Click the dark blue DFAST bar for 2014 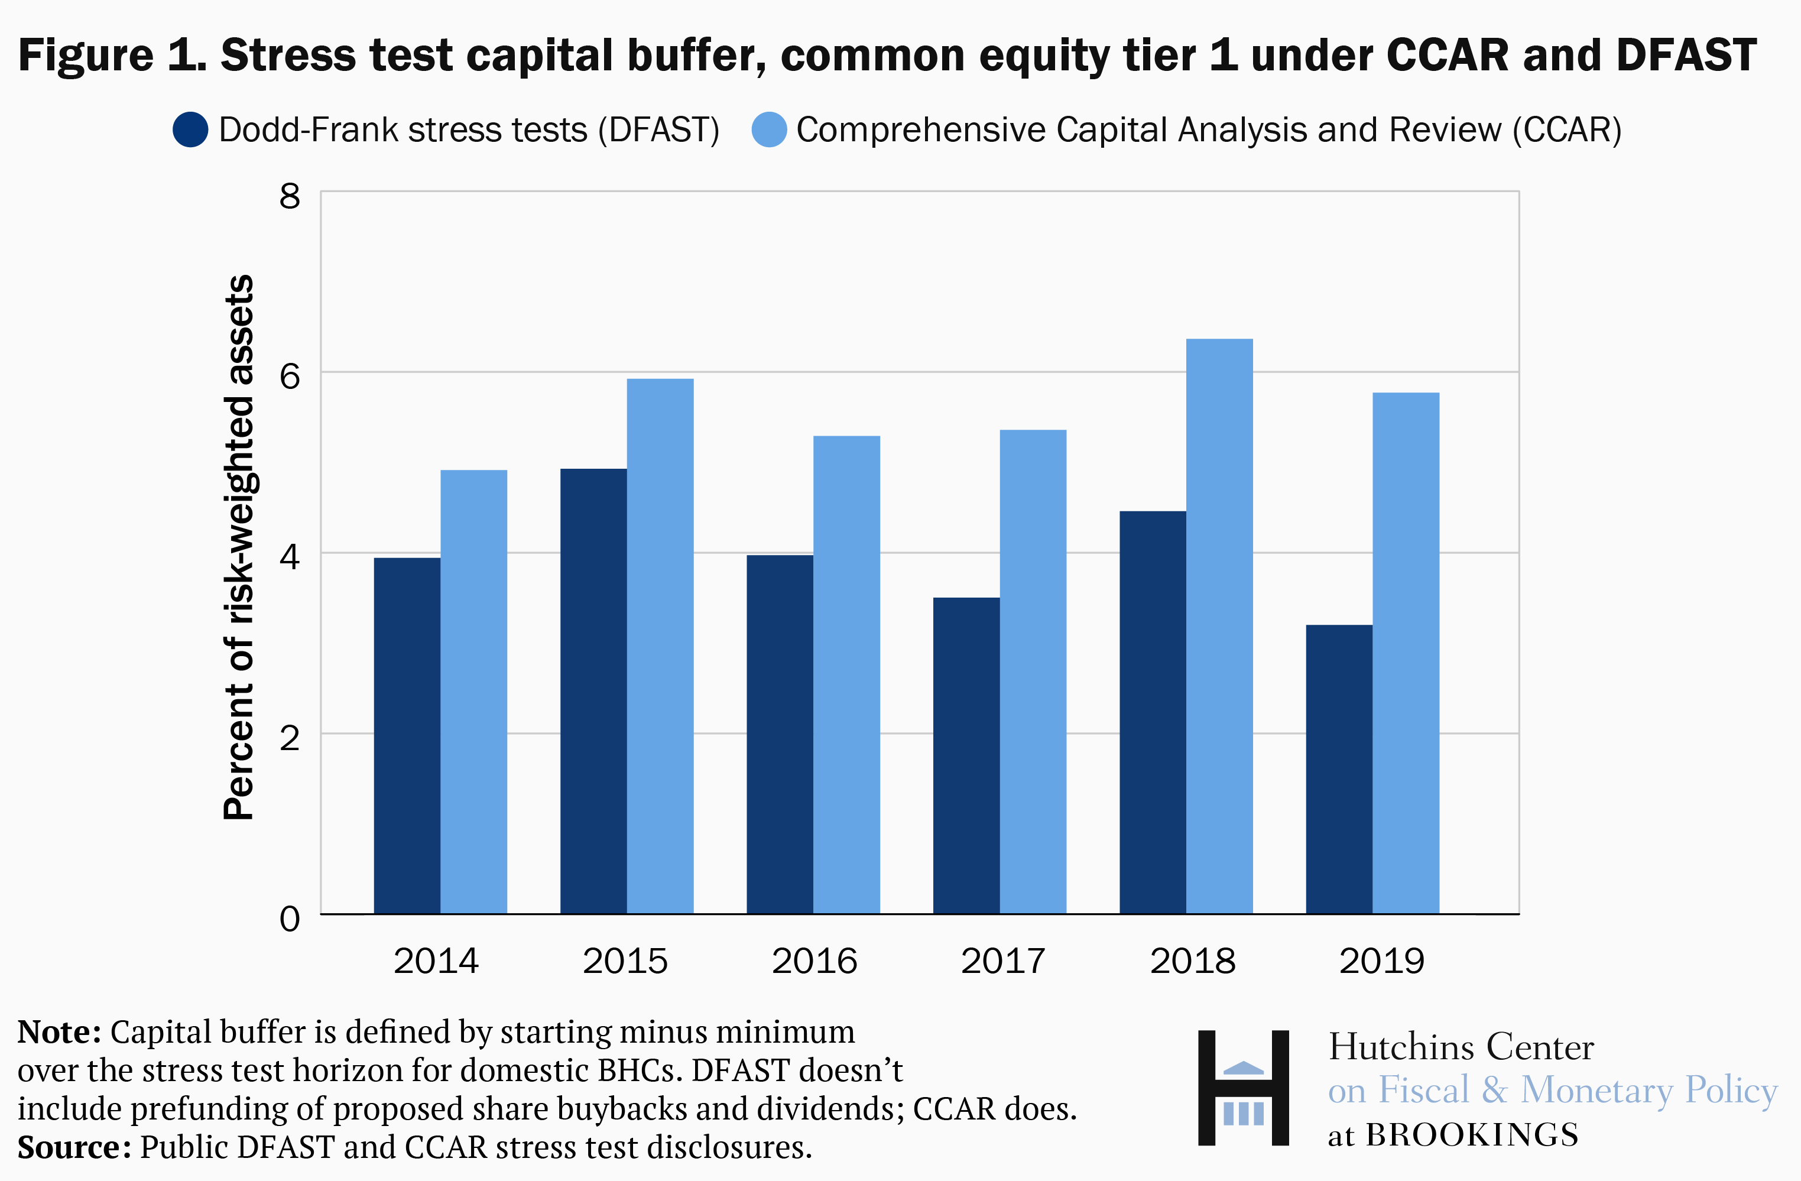pyautogui.click(x=407, y=735)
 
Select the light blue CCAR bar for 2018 pyautogui.click(x=1219, y=627)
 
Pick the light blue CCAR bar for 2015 pyautogui.click(x=660, y=646)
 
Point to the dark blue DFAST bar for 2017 pyautogui.click(x=966, y=755)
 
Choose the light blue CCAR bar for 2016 pyautogui.click(x=846, y=675)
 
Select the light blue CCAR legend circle pyautogui.click(x=769, y=130)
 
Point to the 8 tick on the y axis pyautogui.click(x=290, y=197)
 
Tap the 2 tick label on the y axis pyautogui.click(x=290, y=738)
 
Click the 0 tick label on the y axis pyautogui.click(x=290, y=919)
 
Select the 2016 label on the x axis pyautogui.click(x=814, y=961)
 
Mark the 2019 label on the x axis pyautogui.click(x=1382, y=961)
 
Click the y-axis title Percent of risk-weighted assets pyautogui.click(x=239, y=546)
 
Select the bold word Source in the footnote pyautogui.click(x=73, y=1147)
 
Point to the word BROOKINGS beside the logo pyautogui.click(x=1472, y=1135)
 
